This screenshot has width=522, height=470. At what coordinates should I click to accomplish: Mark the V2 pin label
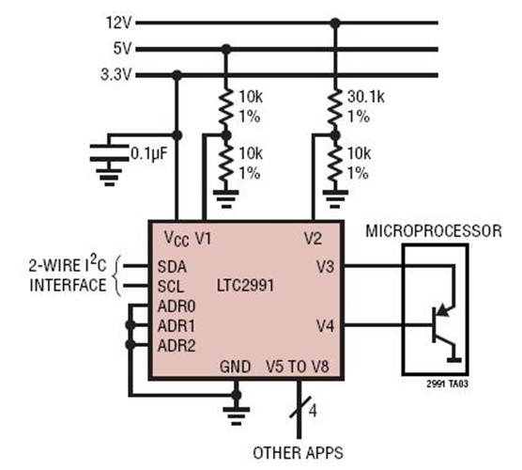coord(315,239)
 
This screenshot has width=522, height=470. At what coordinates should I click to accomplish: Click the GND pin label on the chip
coord(236,365)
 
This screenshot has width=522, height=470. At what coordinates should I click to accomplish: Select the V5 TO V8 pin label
coord(300,365)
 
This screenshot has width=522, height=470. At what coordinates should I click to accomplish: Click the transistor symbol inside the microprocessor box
coord(441,320)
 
